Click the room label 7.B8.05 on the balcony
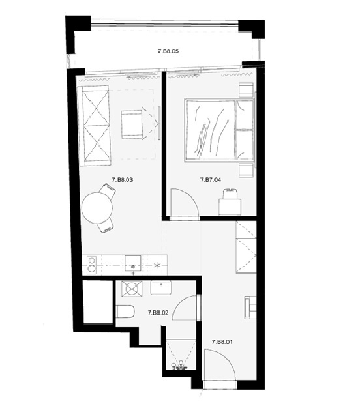(168, 50)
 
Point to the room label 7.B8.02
(158, 313)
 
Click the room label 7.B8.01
(224, 341)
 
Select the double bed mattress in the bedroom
(210, 130)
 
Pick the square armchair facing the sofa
(132, 124)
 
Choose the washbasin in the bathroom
(160, 287)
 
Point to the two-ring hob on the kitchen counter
(92, 264)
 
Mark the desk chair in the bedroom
(230, 193)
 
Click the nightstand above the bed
(245, 90)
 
